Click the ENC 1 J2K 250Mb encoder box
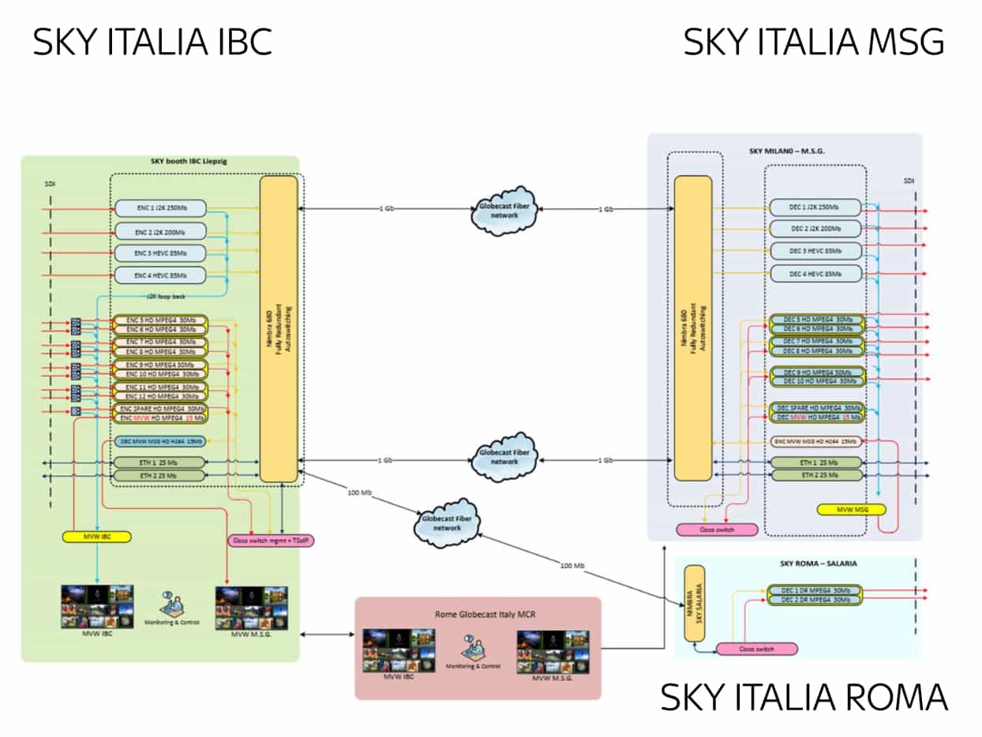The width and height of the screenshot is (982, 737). pos(160,208)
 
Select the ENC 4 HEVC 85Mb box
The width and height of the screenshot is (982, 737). pos(160,275)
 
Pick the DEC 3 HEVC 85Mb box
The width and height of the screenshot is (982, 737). pos(815,251)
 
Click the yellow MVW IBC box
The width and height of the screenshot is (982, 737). pos(96,537)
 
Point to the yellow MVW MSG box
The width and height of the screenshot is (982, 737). pos(849,510)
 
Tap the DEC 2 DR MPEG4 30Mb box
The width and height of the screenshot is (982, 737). pos(814,600)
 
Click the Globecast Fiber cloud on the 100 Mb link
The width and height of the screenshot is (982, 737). pos(442,523)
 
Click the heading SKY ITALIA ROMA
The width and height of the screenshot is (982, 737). pos(804,698)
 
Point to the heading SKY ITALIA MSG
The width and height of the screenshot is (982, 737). pos(813,42)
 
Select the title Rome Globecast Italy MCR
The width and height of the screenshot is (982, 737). pos(478,613)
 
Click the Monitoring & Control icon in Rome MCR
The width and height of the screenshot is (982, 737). pos(477,649)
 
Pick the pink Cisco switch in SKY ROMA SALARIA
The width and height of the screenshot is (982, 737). pos(756,649)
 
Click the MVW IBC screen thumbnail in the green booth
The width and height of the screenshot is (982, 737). pos(96,606)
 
